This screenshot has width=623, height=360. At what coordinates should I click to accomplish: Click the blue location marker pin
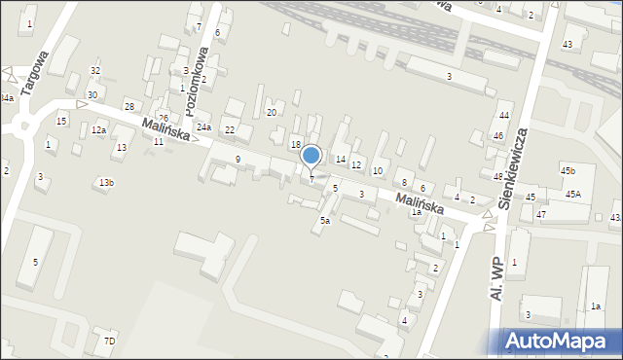(x=311, y=156)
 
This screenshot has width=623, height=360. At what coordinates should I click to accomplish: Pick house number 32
(x=94, y=71)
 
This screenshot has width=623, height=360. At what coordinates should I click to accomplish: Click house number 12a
(x=98, y=130)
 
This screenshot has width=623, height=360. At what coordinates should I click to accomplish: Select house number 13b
(x=106, y=183)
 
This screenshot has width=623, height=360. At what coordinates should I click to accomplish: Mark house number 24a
(x=203, y=127)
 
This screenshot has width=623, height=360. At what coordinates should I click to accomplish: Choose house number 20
(x=272, y=113)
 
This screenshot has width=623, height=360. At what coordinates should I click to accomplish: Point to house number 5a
(x=325, y=221)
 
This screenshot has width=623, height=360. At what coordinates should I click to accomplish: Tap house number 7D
(x=109, y=341)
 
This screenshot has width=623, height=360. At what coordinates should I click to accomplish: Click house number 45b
(x=568, y=171)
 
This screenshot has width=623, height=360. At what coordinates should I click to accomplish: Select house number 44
(x=503, y=116)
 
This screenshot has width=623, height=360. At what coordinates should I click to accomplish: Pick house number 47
(x=541, y=214)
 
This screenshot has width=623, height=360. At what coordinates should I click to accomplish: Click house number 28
(x=128, y=106)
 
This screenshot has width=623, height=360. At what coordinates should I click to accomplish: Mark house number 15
(x=61, y=121)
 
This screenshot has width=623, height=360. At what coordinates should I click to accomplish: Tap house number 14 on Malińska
(x=341, y=159)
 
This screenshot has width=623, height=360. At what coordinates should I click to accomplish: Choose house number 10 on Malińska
(x=378, y=171)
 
